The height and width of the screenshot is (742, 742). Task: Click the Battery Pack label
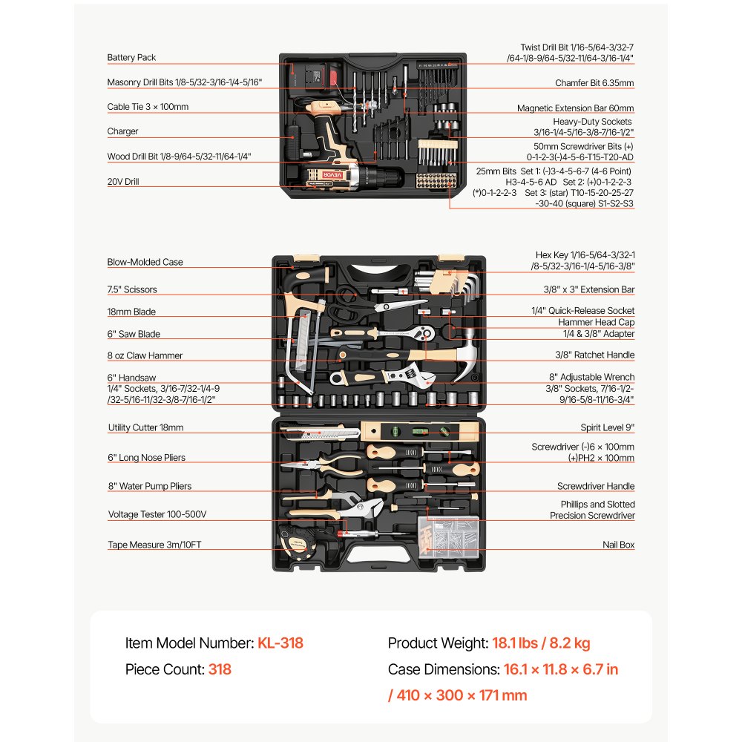click(x=131, y=58)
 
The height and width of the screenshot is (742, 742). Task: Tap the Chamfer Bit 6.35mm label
click(x=594, y=83)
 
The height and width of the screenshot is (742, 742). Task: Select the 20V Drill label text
click(x=123, y=182)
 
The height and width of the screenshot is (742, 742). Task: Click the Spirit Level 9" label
click(x=607, y=427)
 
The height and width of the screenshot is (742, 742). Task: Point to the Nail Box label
click(x=619, y=545)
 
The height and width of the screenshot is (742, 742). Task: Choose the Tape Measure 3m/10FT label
click(x=155, y=545)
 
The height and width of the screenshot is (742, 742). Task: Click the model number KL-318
click(x=280, y=643)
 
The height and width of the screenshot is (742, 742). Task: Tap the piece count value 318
click(x=220, y=669)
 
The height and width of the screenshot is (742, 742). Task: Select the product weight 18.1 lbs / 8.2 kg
click(x=541, y=643)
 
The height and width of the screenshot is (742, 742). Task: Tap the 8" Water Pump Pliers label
click(x=150, y=486)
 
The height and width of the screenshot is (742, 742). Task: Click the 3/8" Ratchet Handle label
click(x=595, y=355)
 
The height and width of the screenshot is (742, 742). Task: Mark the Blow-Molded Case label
click(x=145, y=262)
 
